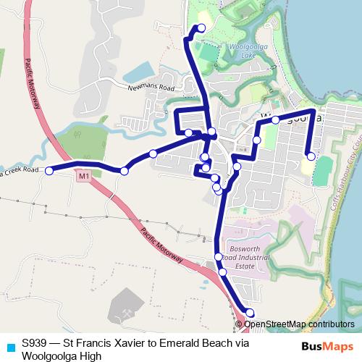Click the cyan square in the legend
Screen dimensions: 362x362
(x=9, y=345)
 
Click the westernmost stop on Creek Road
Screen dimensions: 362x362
(x=50, y=171)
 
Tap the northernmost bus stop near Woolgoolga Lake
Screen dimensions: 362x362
(x=201, y=28)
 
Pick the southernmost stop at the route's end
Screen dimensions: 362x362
(x=250, y=313)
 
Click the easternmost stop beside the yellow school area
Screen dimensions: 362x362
(x=311, y=156)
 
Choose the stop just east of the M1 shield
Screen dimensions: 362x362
(x=125, y=171)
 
